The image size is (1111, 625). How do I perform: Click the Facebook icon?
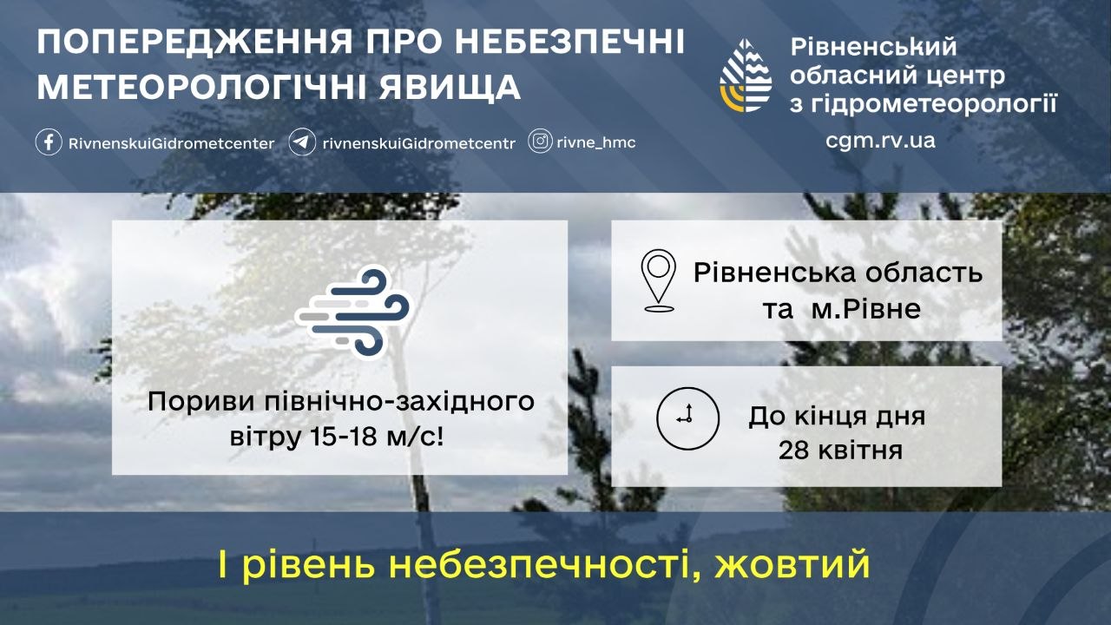pyautogui.click(x=49, y=142)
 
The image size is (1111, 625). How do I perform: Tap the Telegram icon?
pyautogui.click(x=302, y=142)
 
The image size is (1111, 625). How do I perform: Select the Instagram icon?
pyautogui.click(x=540, y=141)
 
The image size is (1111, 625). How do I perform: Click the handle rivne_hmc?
pyautogui.click(x=596, y=143)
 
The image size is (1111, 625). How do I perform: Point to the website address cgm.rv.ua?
pyautogui.click(x=880, y=141)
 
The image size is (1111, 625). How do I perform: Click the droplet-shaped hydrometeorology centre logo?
pyautogui.click(x=746, y=76)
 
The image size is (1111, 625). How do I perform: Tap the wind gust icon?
pyautogui.click(x=352, y=312)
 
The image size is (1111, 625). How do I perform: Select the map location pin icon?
pyautogui.click(x=658, y=280)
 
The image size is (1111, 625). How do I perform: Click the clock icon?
pyautogui.click(x=687, y=418)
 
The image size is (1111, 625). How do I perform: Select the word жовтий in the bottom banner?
pyautogui.click(x=792, y=564)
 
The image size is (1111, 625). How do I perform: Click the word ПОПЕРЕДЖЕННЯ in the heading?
pyautogui.click(x=195, y=42)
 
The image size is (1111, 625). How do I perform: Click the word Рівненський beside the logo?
pyautogui.click(x=873, y=48)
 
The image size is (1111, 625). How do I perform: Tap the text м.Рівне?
pyautogui.click(x=866, y=309)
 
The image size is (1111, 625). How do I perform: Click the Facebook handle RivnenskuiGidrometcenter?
pyautogui.click(x=171, y=143)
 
